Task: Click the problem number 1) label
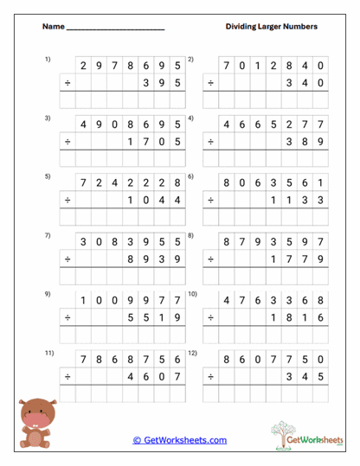[x=48, y=59]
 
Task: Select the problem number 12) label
[x=193, y=354]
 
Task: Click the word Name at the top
[x=53, y=27]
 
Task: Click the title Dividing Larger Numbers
[x=271, y=27]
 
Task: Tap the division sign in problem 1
[x=67, y=83]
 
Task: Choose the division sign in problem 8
[x=210, y=259]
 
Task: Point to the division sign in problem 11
[x=67, y=376]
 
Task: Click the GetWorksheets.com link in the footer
[x=180, y=440]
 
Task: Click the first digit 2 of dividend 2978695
[x=84, y=65]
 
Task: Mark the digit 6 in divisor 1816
[x=320, y=317]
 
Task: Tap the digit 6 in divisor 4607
[x=146, y=376]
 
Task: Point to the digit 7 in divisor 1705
[x=146, y=141]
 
